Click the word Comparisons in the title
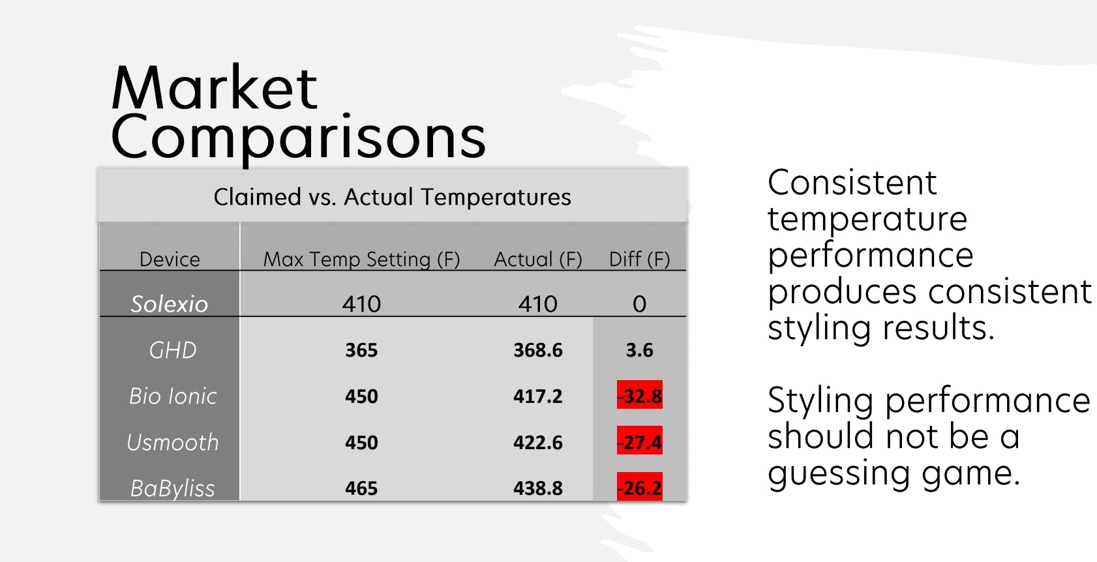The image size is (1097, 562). (x=298, y=138)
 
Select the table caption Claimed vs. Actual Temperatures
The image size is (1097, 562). (x=392, y=198)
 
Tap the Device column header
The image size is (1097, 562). (x=170, y=259)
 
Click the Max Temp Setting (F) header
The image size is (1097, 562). (x=361, y=259)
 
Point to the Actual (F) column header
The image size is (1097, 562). (x=537, y=259)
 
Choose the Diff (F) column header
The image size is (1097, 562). (x=639, y=259)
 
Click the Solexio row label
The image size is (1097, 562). (x=170, y=304)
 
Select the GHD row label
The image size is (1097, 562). (x=172, y=350)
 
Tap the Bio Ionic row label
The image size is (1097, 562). (x=172, y=396)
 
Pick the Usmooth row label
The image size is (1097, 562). (x=172, y=442)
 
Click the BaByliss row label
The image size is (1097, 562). (x=172, y=488)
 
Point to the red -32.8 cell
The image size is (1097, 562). (x=640, y=394)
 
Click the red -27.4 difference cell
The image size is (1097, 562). (x=640, y=441)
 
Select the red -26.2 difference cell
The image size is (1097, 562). (x=640, y=486)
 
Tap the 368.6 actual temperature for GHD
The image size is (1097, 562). (x=537, y=350)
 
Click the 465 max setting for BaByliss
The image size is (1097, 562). (x=361, y=488)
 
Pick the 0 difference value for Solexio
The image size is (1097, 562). (x=639, y=304)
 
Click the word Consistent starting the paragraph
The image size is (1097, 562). (x=852, y=183)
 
